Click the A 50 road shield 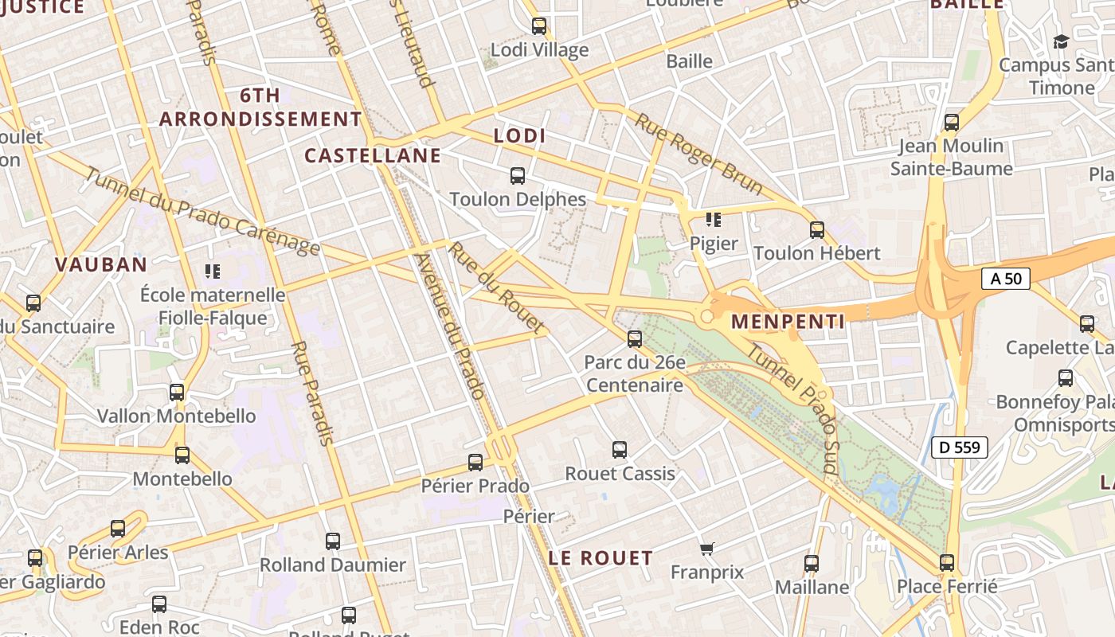point(1006,279)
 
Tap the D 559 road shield point(960,447)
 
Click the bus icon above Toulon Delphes point(518,176)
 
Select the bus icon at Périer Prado point(475,463)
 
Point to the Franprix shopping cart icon point(706,549)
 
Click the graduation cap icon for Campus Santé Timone point(1061,41)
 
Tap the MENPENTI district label point(788,322)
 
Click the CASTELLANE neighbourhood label point(373,155)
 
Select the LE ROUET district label point(601,557)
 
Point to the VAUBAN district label point(101,264)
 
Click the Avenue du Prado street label point(450,326)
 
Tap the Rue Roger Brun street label point(698,154)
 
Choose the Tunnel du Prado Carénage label point(202,212)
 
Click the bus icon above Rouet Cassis point(620,450)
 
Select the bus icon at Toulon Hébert point(817,231)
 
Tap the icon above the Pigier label point(713,220)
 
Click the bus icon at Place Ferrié point(947,563)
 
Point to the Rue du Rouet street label point(496,287)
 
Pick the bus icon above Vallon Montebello point(177,393)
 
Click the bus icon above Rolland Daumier point(333,541)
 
